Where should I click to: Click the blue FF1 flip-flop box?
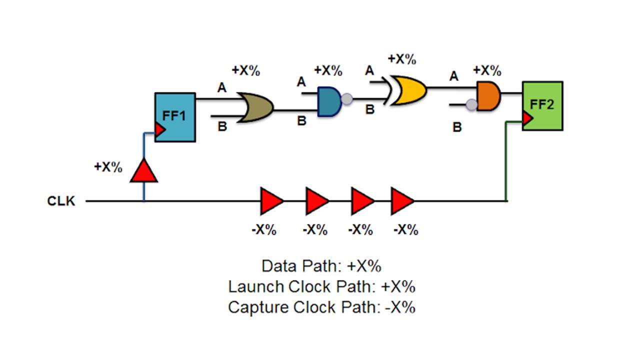pos(174,117)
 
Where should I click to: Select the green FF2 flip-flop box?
pos(542,105)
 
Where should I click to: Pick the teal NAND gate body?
pos(329,100)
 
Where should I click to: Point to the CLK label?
pos(61,201)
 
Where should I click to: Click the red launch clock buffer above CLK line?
pos(144,171)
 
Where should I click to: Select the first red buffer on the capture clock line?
pos(271,201)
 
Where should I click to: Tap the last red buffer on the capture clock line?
pos(402,201)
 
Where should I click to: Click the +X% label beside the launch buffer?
pos(108,167)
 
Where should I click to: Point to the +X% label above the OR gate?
pos(246,70)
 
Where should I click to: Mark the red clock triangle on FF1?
pos(160,130)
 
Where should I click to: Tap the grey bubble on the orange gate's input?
pos(471,104)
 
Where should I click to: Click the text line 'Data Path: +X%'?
pos(321,265)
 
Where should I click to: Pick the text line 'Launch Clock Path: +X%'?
pos(321,286)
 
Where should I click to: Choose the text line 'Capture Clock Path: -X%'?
pos(321,307)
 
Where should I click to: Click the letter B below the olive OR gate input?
pos(222,127)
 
